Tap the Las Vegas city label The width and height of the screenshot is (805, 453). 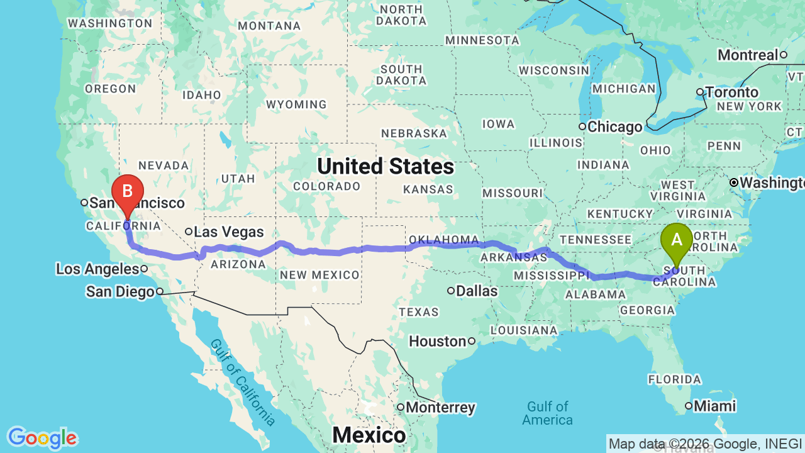coord(228,232)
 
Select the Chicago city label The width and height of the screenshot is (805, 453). coord(614,127)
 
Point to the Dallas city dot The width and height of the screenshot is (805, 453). coord(451,291)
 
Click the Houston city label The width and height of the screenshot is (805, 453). coord(437,342)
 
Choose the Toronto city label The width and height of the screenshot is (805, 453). coord(731,92)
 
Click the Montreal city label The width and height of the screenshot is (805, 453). coord(748,55)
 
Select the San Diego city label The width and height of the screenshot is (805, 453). coord(120,292)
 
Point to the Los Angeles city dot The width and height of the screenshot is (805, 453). coord(144,269)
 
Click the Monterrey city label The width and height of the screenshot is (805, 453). coord(440,408)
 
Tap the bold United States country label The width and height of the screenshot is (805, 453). coord(385,167)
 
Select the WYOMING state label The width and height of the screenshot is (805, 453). coord(296,104)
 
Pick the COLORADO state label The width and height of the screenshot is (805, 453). coord(326,186)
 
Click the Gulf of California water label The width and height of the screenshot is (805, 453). coord(242,381)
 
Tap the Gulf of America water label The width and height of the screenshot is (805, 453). coord(548,413)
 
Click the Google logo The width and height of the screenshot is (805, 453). coord(42,438)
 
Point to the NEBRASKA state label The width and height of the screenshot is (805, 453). coord(414,133)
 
